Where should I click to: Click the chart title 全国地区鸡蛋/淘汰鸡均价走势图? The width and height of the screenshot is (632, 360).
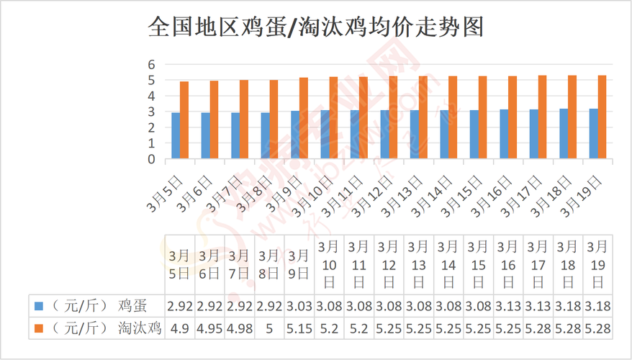tap(315, 27)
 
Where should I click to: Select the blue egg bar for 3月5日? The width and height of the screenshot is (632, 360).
tap(176, 135)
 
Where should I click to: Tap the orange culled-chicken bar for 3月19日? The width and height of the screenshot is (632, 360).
tap(602, 117)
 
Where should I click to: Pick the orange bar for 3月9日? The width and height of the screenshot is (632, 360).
tap(303, 118)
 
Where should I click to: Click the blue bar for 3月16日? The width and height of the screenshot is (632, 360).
tap(504, 134)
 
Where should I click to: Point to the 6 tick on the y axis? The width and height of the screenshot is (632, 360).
tap(152, 65)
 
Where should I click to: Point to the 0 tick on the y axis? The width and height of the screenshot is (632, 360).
tap(152, 160)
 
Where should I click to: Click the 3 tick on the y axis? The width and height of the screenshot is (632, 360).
tap(152, 112)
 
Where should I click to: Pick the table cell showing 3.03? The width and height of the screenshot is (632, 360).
tap(299, 307)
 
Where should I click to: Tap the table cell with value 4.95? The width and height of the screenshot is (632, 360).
tap(209, 328)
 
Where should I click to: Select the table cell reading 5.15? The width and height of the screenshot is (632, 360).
tap(299, 328)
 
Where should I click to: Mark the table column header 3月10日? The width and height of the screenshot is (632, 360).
tap(329, 264)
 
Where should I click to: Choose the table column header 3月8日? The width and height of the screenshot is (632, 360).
tap(268, 264)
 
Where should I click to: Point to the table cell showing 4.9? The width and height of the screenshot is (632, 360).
tap(179, 328)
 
